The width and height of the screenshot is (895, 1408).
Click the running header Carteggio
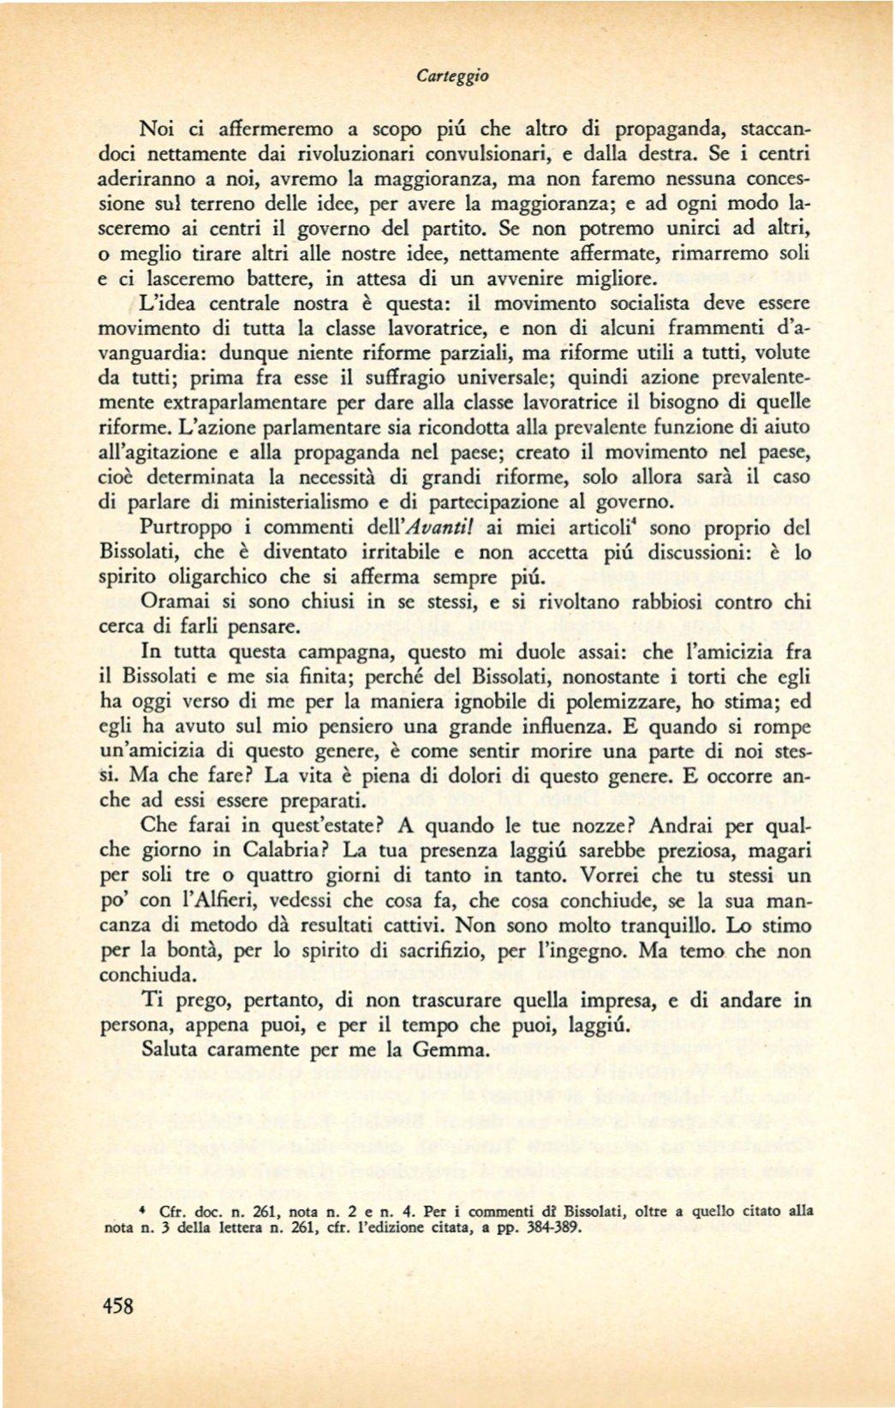point(452,76)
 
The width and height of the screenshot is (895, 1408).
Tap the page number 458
point(118,1305)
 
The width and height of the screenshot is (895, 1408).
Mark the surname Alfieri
point(249,900)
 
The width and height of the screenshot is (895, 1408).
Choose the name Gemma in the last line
point(450,1049)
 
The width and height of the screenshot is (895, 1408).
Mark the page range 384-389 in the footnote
point(552,1226)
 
